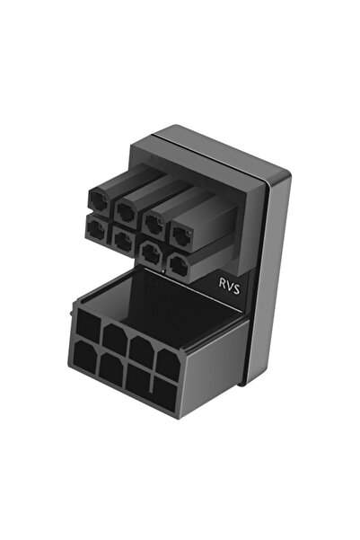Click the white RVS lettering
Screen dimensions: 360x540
point(229,287)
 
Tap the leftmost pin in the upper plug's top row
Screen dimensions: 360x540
point(99,200)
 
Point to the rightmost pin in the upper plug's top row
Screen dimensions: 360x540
point(182,236)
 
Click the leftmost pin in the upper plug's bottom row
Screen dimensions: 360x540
point(96,229)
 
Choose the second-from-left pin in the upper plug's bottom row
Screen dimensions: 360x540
point(123,241)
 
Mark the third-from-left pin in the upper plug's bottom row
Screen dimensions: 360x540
point(151,252)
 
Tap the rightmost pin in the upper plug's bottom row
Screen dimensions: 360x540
point(179,265)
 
